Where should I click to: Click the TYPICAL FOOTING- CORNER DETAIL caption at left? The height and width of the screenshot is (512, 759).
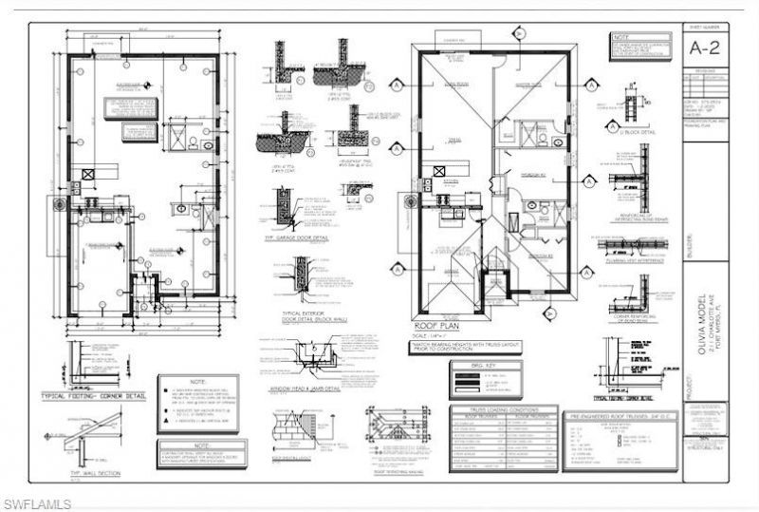[106, 393]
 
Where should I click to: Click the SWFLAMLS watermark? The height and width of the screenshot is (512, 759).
[35, 500]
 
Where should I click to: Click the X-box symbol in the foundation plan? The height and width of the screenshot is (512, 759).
[87, 175]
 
